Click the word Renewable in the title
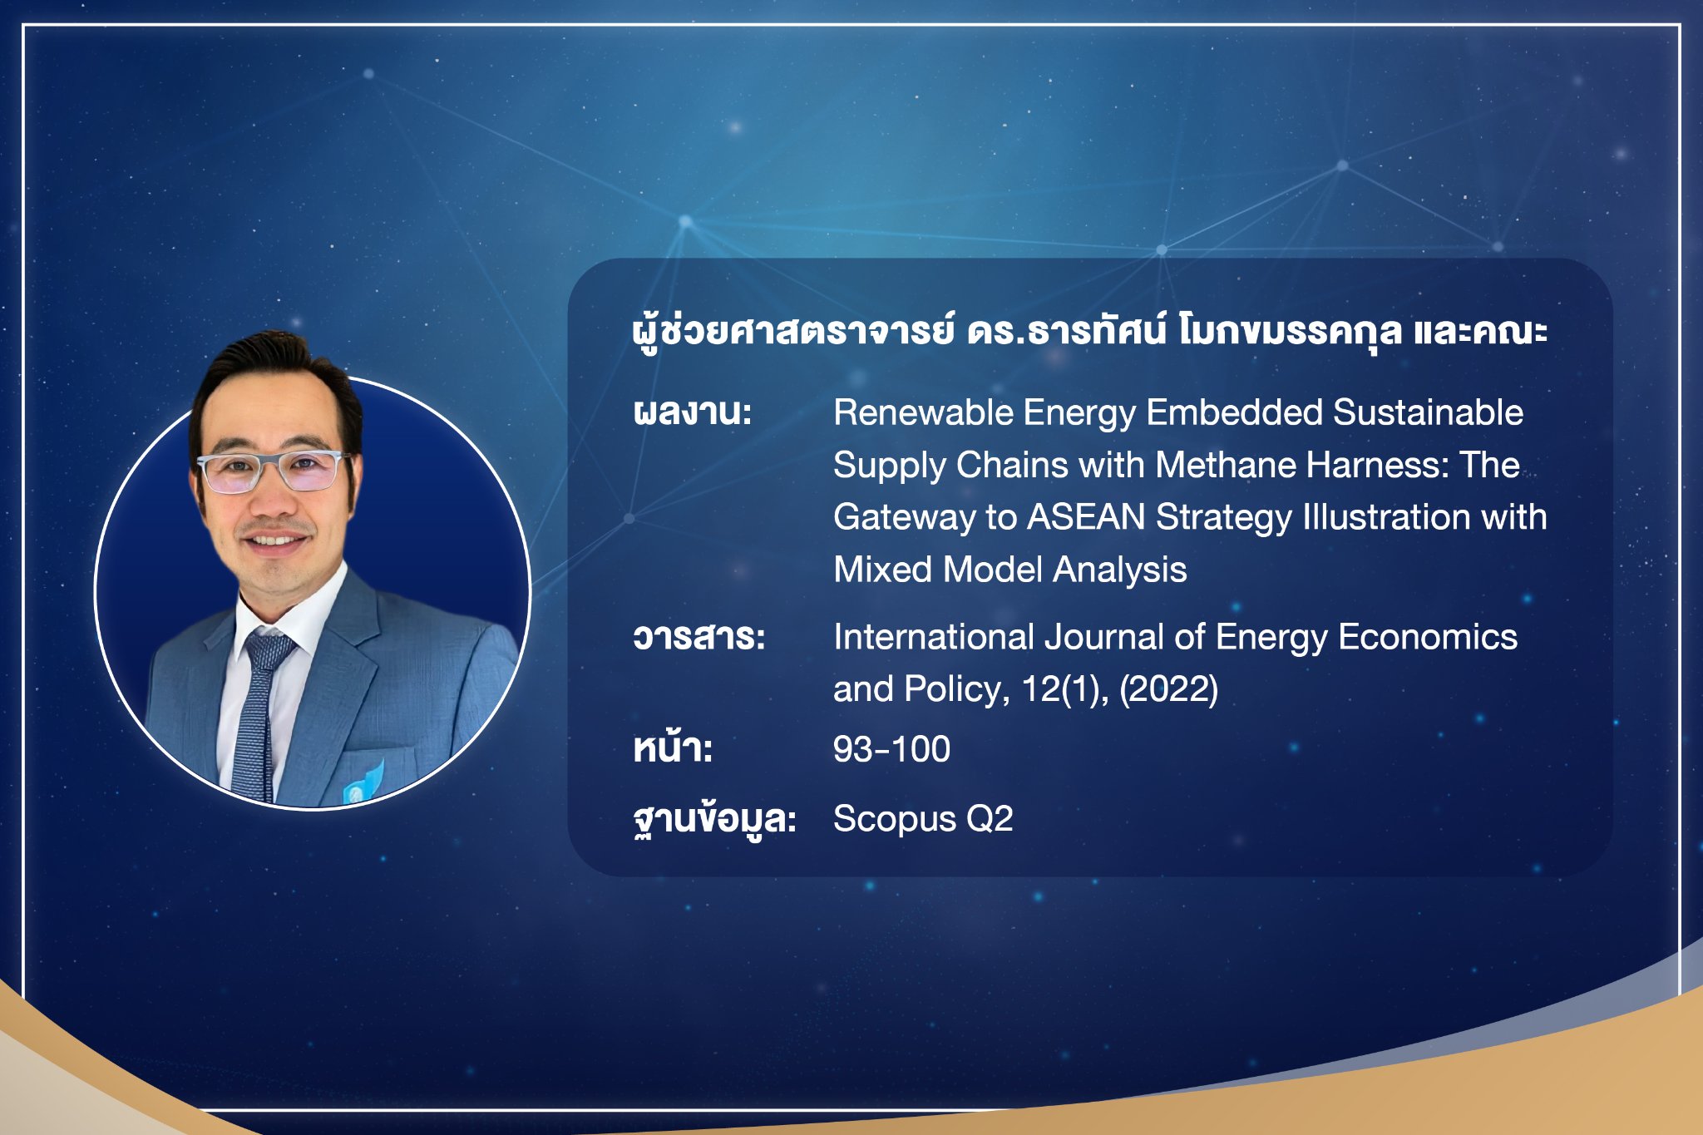923,412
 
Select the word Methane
1226,465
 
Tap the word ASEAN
1087,517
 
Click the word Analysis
1120,570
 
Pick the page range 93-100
891,749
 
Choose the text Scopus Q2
923,819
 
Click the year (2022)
1168,689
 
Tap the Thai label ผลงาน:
693,412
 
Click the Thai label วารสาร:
698,637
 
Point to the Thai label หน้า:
673,747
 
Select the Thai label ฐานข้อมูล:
714,819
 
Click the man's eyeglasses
272,471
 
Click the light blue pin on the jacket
364,782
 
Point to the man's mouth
274,541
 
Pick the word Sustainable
1428,412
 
